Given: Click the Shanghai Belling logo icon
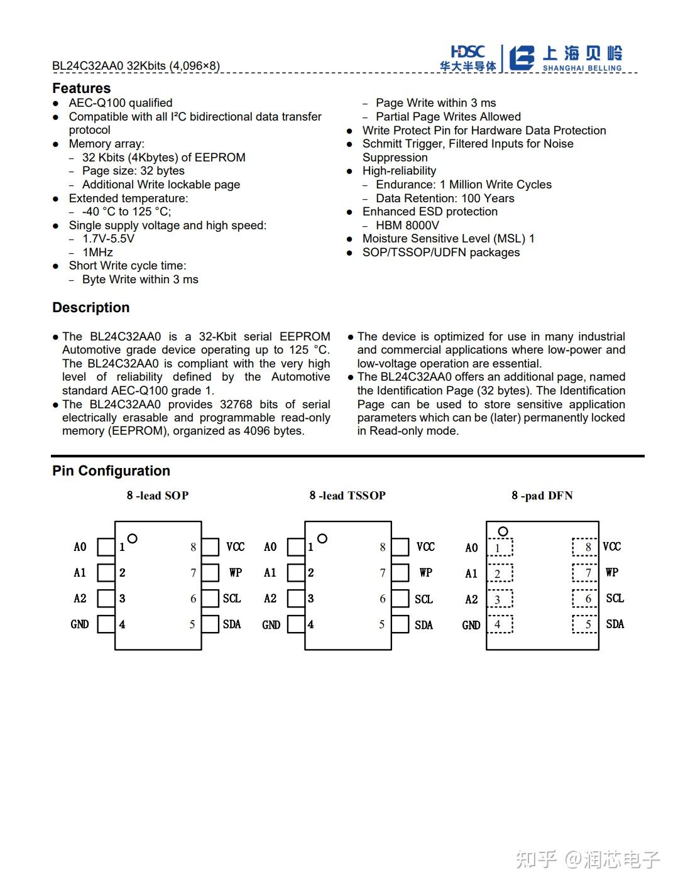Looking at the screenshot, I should [x=521, y=58].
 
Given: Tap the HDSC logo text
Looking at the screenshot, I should [x=467, y=52].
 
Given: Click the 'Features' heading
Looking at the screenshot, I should [x=81, y=88].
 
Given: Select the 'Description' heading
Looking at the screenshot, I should [x=90, y=308].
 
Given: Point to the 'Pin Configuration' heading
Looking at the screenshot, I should [x=111, y=471].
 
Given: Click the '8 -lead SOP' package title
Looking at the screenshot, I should [x=157, y=496].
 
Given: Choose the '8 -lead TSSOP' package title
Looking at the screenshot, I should [x=347, y=496].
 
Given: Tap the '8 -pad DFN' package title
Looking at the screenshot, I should [x=542, y=496].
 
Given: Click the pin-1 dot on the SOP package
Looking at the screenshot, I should [x=132, y=538].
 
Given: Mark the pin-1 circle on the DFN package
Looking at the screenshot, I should [x=503, y=531].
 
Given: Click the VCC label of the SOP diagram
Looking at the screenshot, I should [x=236, y=547].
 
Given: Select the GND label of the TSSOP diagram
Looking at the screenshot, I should [x=271, y=625].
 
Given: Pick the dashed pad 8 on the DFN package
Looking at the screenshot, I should [x=585, y=547].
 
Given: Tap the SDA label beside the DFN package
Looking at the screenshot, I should [x=615, y=624].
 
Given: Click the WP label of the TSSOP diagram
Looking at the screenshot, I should [x=425, y=572].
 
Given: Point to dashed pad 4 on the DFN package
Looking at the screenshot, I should [x=500, y=624].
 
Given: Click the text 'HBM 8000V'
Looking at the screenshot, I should [x=407, y=225].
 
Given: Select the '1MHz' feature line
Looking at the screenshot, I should [x=97, y=252].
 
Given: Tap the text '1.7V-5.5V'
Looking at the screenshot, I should [x=108, y=239].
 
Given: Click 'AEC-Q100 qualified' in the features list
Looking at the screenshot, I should [x=120, y=103].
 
